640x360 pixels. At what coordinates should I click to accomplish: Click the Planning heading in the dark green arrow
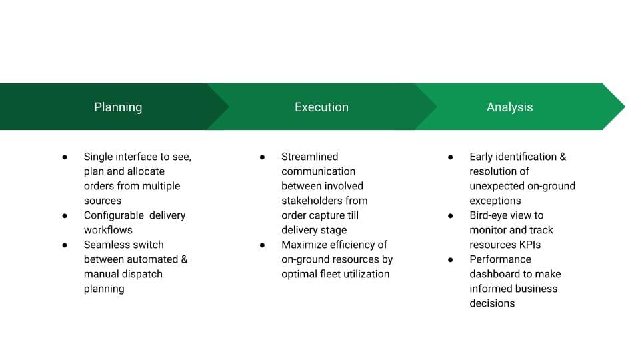tap(118, 107)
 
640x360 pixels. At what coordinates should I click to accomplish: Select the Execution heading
tap(321, 107)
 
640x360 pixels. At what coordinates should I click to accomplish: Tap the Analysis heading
tap(509, 107)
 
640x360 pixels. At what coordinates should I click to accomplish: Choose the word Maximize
tap(305, 245)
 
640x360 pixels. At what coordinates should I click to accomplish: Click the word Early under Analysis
tap(483, 157)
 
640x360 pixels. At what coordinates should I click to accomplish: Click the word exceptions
tap(495, 201)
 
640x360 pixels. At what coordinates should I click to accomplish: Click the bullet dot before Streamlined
tap(263, 157)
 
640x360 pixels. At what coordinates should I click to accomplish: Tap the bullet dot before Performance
tap(451, 259)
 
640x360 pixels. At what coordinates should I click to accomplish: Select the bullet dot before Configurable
tap(65, 216)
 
